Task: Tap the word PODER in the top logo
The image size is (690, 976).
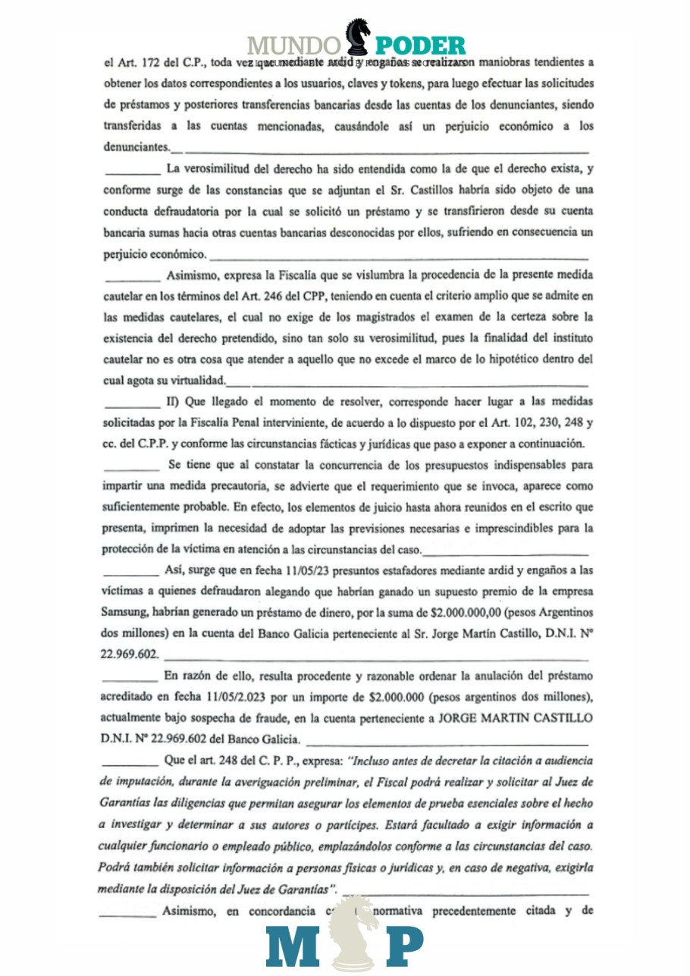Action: [422, 47]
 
